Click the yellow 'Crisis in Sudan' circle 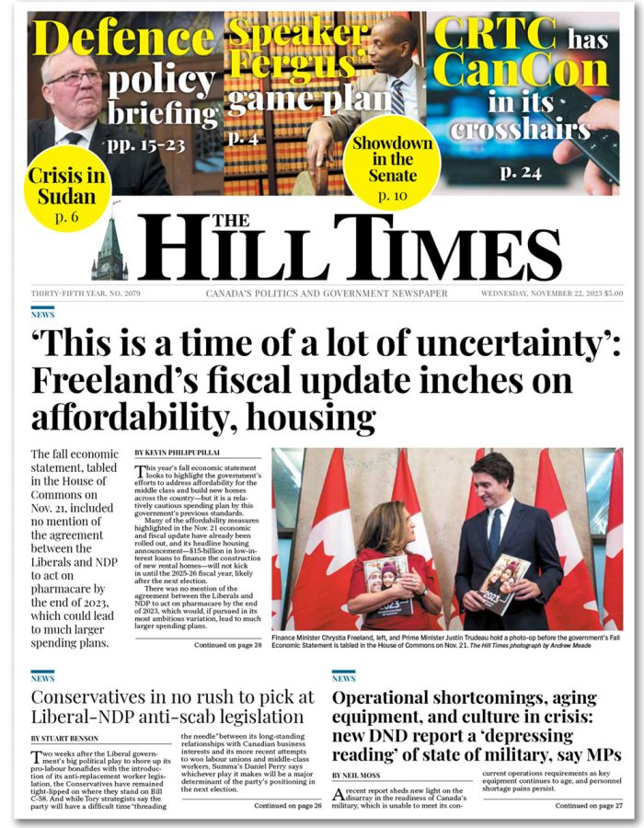(x=62, y=196)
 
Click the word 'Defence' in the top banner (x=124, y=40)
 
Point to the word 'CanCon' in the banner (x=522, y=71)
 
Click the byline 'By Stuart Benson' (x=67, y=738)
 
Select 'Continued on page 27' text (x=588, y=805)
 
